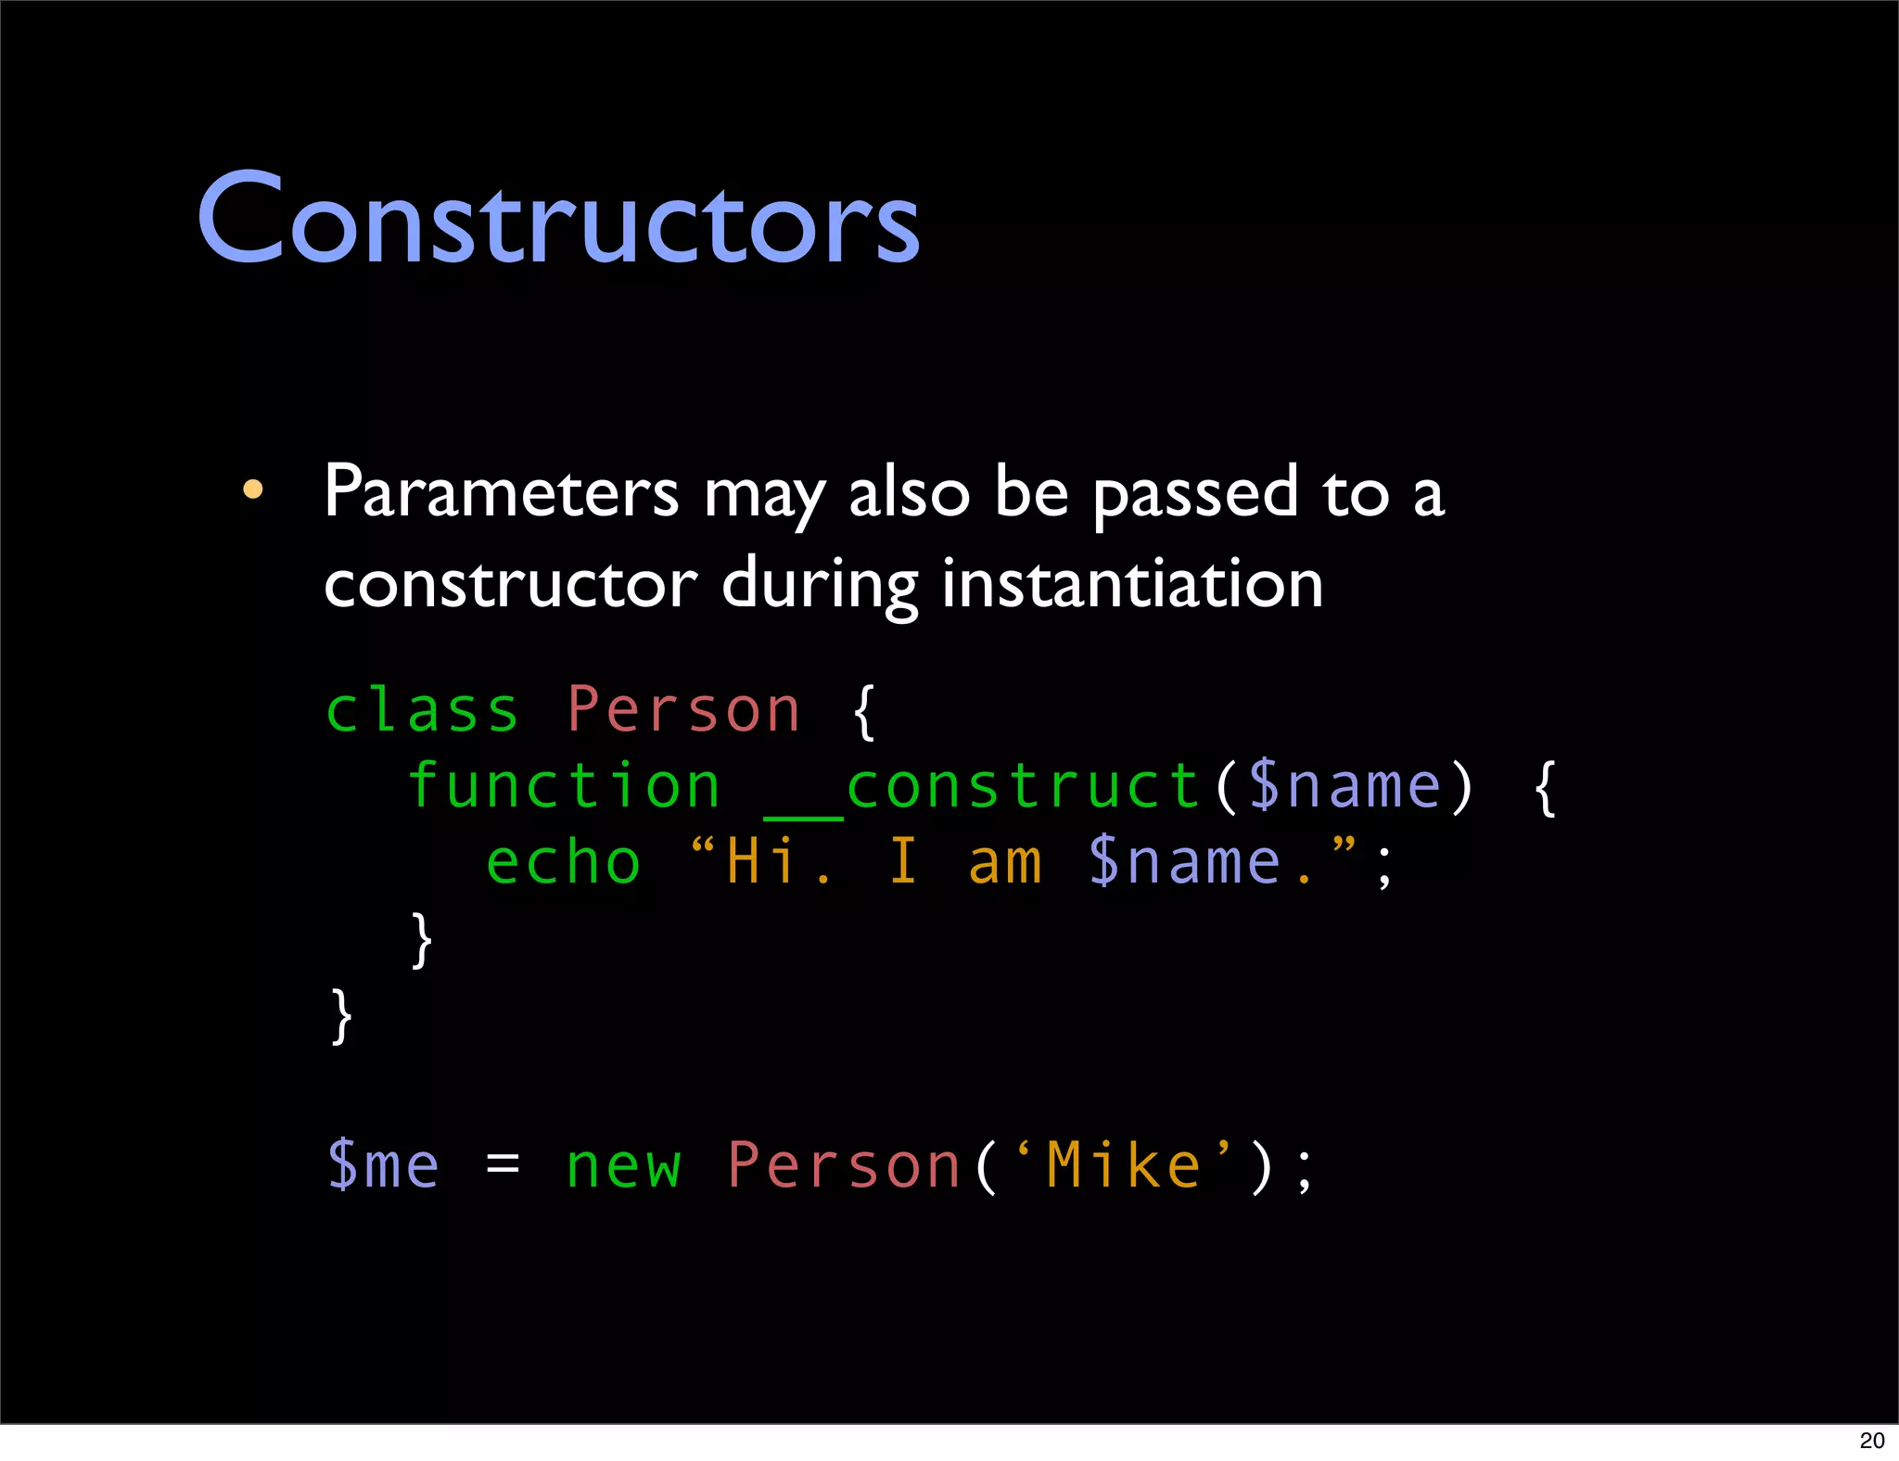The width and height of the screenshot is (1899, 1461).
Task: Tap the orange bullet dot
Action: pyautogui.click(x=253, y=489)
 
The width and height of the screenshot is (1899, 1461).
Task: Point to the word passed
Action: pyautogui.click(x=1195, y=493)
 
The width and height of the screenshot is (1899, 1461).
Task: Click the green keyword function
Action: pyautogui.click(x=564, y=786)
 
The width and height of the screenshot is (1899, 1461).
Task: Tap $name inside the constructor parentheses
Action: pyautogui.click(x=1345, y=786)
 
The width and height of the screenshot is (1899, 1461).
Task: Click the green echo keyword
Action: pyautogui.click(x=564, y=862)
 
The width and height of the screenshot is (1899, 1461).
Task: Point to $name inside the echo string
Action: pyautogui.click(x=1185, y=862)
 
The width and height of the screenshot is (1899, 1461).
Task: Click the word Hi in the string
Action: pyautogui.click(x=760, y=862)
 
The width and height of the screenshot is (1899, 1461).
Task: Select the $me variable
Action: pyautogui.click(x=383, y=1166)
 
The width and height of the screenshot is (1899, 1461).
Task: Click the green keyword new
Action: pyautogui.click(x=623, y=1166)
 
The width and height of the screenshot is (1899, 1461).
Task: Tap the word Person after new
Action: pyautogui.click(x=844, y=1166)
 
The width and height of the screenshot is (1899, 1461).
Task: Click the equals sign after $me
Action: pyautogui.click(x=503, y=1162)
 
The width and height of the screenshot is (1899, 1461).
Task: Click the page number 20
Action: pyautogui.click(x=1872, y=1441)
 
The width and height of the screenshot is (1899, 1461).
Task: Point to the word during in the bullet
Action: pyautogui.click(x=820, y=586)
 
